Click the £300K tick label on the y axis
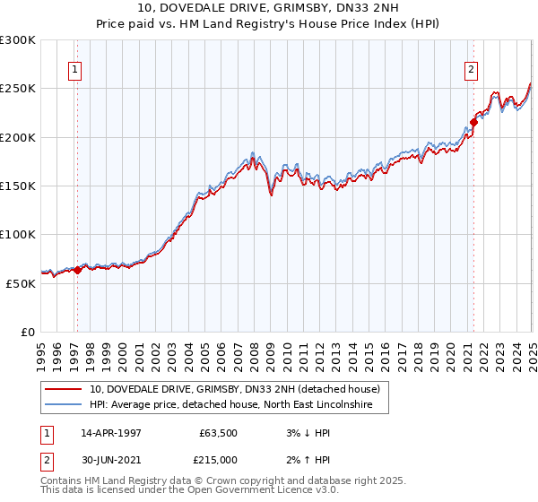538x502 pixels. click(x=18, y=40)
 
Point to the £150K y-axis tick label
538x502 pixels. click(x=18, y=186)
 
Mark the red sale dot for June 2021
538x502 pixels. click(x=473, y=123)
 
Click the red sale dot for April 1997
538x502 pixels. click(x=78, y=270)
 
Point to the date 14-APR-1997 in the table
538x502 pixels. click(x=111, y=434)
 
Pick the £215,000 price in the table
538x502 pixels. click(x=219, y=460)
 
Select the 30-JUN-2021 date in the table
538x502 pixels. click(x=111, y=460)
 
